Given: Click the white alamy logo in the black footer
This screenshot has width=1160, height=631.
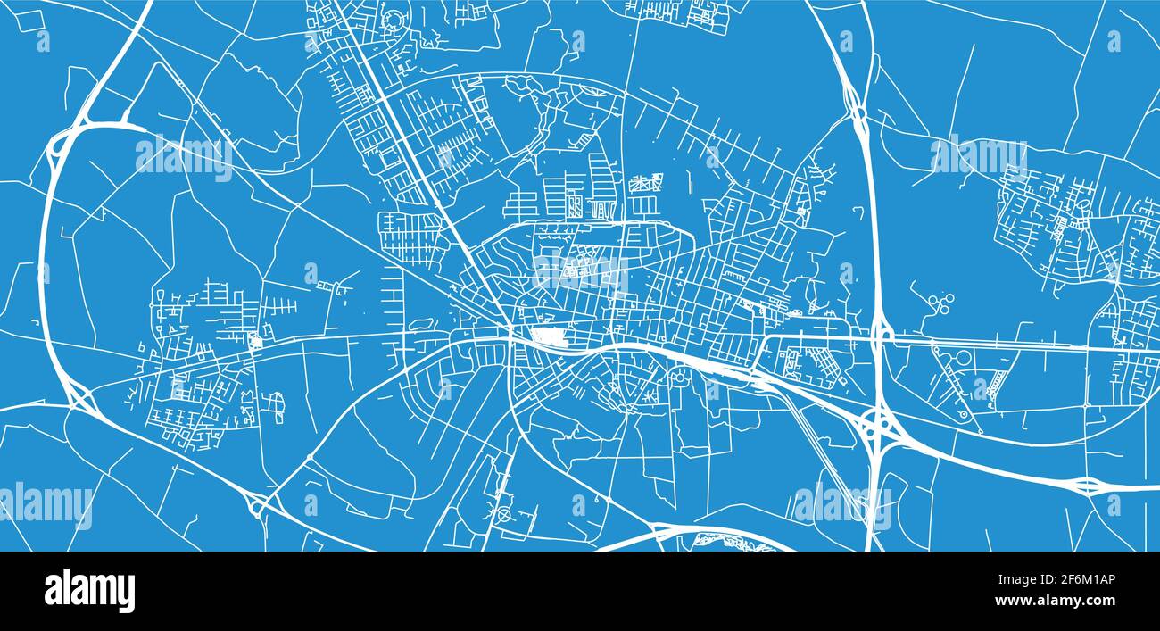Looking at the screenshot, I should [89, 591].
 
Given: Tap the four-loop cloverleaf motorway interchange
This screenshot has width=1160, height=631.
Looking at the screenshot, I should [879, 427].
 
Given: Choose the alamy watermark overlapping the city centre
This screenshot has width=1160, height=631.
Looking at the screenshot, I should [580, 269].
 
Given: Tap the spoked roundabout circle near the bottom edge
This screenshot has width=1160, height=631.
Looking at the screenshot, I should [504, 515].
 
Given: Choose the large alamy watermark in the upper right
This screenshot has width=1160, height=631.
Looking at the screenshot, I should [977, 157].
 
